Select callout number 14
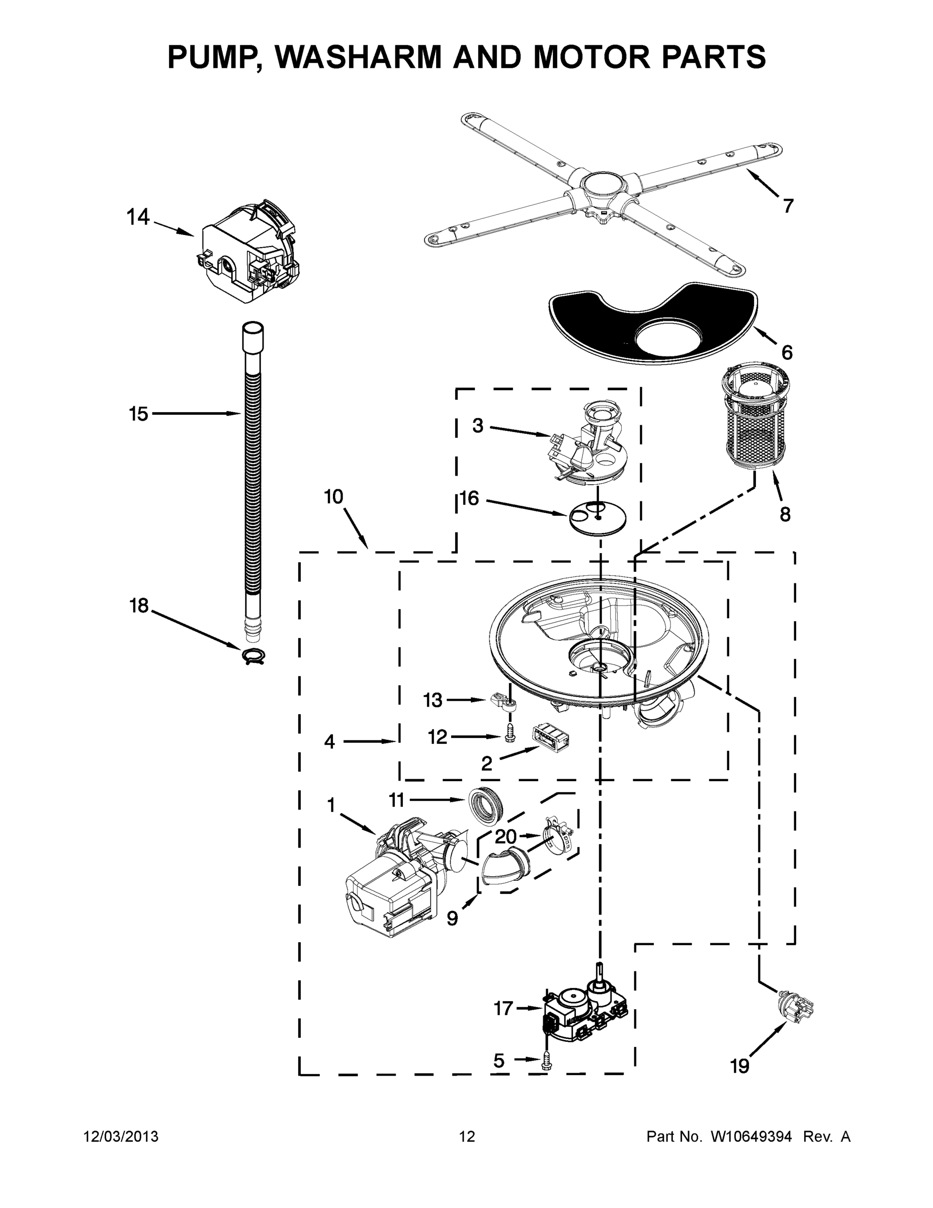[138, 217]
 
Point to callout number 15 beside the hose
[138, 413]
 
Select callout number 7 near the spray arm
[788, 206]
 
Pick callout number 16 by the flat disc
[469, 498]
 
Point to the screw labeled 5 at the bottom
[547, 1061]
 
